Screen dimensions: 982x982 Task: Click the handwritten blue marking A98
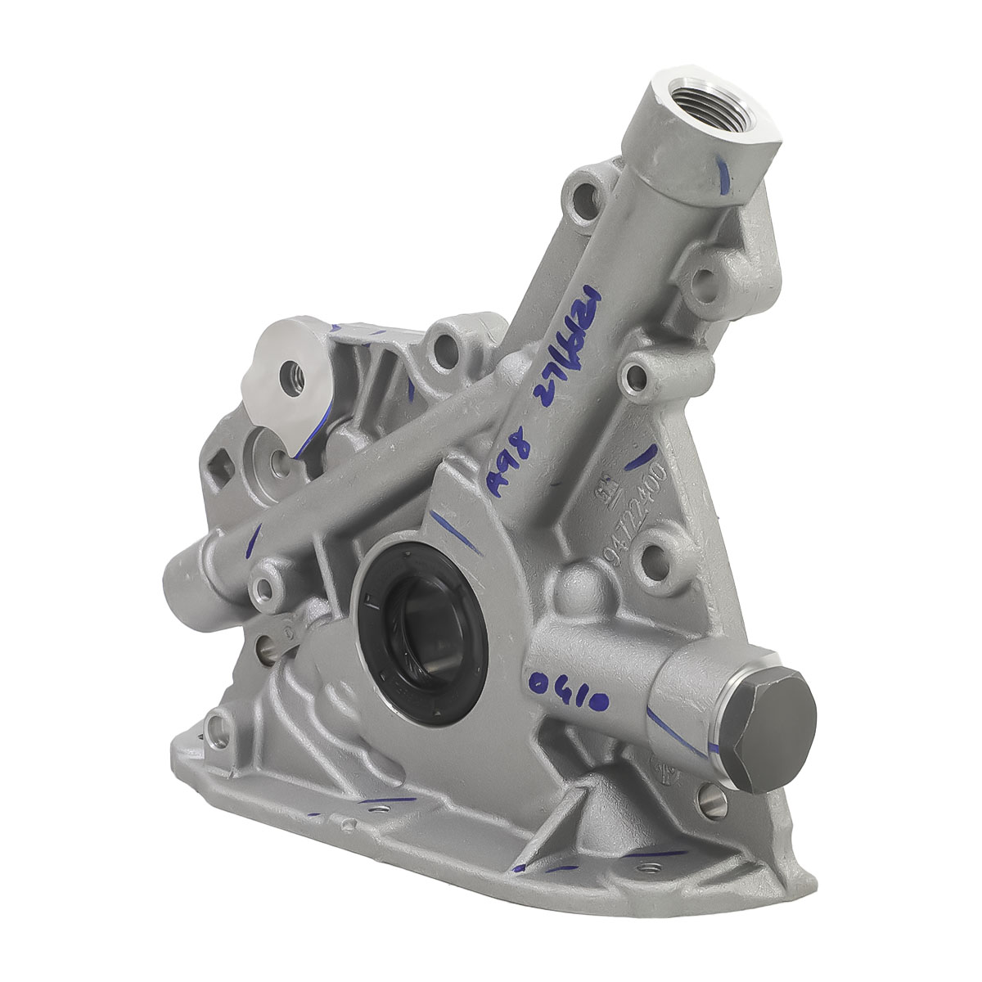505,466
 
